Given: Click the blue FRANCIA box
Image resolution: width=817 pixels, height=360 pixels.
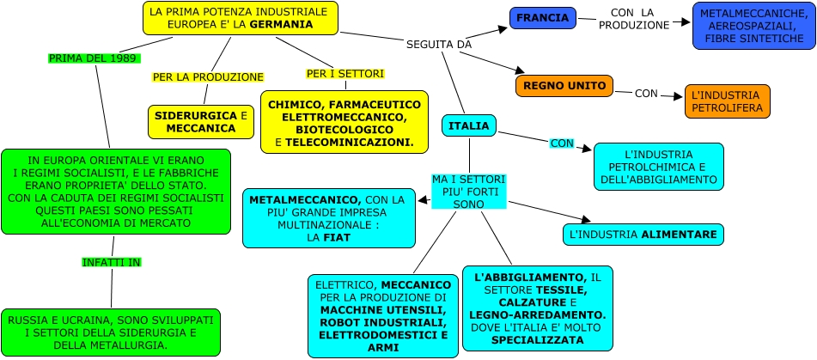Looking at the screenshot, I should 542,18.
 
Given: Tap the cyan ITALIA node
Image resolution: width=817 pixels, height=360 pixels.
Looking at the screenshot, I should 468,126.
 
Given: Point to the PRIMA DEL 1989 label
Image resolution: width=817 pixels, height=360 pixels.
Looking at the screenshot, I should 93,58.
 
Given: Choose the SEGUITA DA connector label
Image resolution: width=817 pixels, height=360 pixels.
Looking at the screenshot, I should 439,44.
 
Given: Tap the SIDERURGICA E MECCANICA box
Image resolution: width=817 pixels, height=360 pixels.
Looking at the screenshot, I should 201,121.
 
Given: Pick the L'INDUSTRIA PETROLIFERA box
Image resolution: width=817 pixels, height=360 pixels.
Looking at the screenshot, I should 727,101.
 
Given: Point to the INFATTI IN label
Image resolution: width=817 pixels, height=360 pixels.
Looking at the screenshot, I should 112,261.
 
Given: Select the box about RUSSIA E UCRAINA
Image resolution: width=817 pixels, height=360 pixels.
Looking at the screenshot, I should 111,333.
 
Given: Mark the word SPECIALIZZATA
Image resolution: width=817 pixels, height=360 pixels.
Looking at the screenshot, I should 538,340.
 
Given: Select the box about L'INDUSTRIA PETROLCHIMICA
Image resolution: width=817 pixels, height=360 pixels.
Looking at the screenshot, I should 658,166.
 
